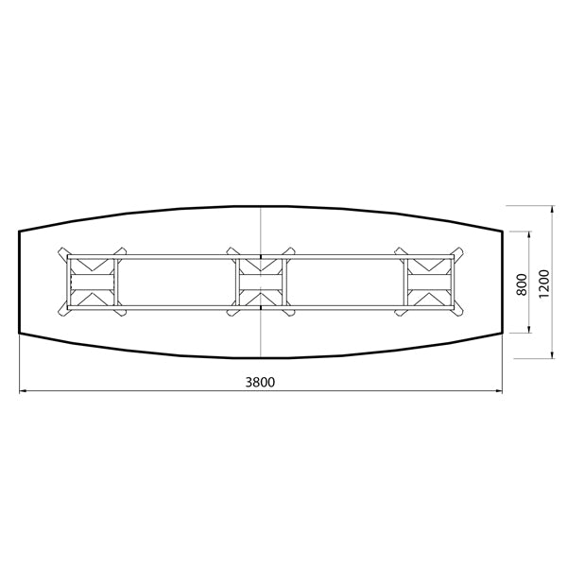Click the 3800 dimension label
pyautogui.click(x=261, y=382)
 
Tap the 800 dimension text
pyautogui.click(x=521, y=283)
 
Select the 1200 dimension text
pyautogui.click(x=542, y=283)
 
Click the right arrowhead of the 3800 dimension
pyautogui.click(x=498, y=389)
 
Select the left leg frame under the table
pyautogui.click(x=93, y=283)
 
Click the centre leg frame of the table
pyautogui.click(x=260, y=283)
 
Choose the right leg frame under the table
pyautogui.click(x=430, y=283)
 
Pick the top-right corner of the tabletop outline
pyautogui.click(x=501, y=230)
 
